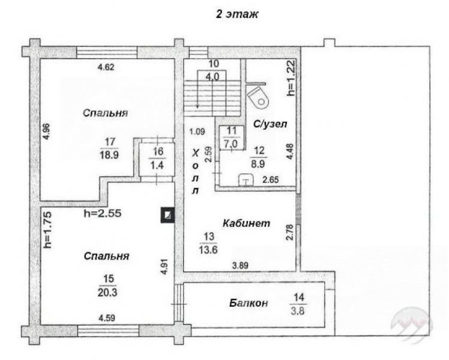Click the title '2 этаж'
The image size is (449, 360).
[x=237, y=14]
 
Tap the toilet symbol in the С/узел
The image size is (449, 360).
[x=259, y=97]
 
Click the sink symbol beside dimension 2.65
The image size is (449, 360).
[x=246, y=180]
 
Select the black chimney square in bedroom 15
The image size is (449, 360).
[x=167, y=215]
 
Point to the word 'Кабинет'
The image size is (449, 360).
[x=246, y=223]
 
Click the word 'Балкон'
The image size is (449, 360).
[x=249, y=303]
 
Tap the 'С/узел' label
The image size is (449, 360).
[x=270, y=124]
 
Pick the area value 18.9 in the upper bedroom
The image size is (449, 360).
[x=109, y=155]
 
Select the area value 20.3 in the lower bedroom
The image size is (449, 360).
[x=107, y=292]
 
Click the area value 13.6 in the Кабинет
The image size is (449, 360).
[x=208, y=250]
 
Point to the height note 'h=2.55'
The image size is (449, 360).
[x=103, y=213]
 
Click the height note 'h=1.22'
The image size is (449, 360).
[x=291, y=78]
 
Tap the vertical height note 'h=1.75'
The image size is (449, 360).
[x=47, y=230]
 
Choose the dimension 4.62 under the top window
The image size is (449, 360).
[x=106, y=67]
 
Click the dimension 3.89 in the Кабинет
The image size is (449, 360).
[x=240, y=266]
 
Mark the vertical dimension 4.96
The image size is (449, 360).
[x=46, y=131]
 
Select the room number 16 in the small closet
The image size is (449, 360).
[x=158, y=151]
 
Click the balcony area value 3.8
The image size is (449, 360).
[x=298, y=310]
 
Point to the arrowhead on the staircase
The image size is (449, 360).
[x=197, y=106]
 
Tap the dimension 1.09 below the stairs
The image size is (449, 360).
[x=197, y=132]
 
